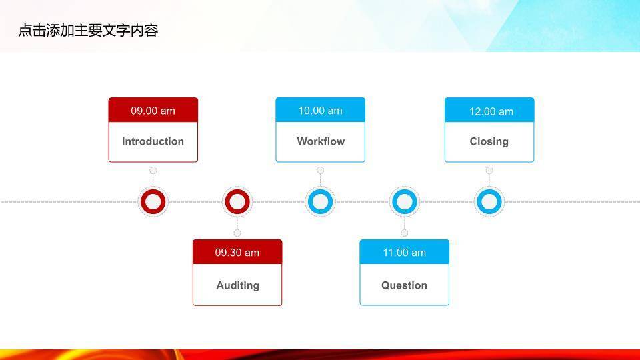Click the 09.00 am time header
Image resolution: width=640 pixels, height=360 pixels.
coord(153,111)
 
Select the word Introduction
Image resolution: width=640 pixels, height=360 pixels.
coord(153,141)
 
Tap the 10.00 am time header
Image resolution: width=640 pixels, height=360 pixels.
coord(320,111)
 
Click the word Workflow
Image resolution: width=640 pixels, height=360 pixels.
coord(321,141)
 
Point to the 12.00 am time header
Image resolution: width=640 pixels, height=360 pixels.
coord(491,111)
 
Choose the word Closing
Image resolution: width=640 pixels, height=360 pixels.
coord(489,141)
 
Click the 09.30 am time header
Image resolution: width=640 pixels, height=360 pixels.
coord(237,253)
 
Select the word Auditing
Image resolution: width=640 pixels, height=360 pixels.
coord(237,285)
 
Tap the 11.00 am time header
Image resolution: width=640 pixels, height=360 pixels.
coord(404,253)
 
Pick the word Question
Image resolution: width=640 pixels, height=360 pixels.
coord(404,285)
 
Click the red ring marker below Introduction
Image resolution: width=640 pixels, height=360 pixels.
coord(153,201)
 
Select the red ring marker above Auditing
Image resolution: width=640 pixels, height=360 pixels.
coord(237,201)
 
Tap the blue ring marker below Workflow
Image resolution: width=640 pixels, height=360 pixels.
coord(320,201)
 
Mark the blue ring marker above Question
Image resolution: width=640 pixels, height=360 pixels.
coord(404,201)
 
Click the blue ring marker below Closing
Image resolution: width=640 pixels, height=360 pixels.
coord(489,201)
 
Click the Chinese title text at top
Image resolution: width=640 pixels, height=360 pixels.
coord(87,31)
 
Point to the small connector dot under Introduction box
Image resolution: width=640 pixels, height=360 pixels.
coord(153,171)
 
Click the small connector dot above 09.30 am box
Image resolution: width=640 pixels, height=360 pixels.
coord(237,233)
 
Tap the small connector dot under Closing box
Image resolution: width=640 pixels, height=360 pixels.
coord(489,171)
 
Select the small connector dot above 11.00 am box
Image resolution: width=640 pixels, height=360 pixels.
coord(404,233)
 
